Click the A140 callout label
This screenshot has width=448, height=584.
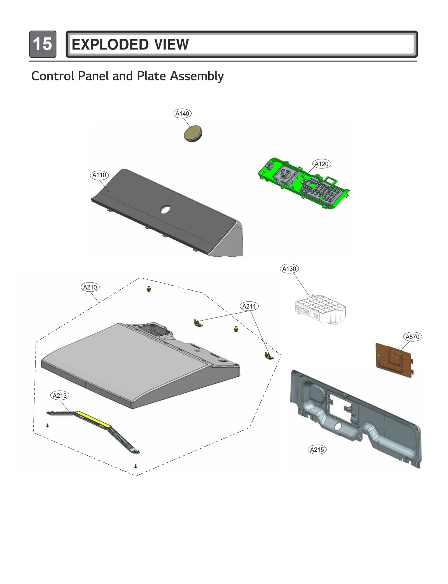point(182,113)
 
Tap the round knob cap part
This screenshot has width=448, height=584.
point(193,133)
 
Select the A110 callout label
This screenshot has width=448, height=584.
point(99,175)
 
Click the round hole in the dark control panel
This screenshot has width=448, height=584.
point(165,209)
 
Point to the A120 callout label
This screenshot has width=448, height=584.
point(321,164)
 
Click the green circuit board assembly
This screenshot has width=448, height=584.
point(304,184)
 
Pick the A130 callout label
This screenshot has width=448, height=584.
point(289,269)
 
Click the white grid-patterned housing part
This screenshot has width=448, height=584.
point(320,309)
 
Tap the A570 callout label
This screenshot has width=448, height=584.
point(412,337)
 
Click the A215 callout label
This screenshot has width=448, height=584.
point(317,449)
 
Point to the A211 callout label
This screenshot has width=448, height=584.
point(249,306)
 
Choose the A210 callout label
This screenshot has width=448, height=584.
point(90,287)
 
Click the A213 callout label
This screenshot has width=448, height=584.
point(60,395)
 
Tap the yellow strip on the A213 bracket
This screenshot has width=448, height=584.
point(94,419)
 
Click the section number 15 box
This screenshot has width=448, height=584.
point(43,44)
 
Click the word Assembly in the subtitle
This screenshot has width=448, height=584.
point(197,76)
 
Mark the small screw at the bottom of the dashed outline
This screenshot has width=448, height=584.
point(136,466)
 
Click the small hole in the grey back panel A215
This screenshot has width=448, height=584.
point(338,427)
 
